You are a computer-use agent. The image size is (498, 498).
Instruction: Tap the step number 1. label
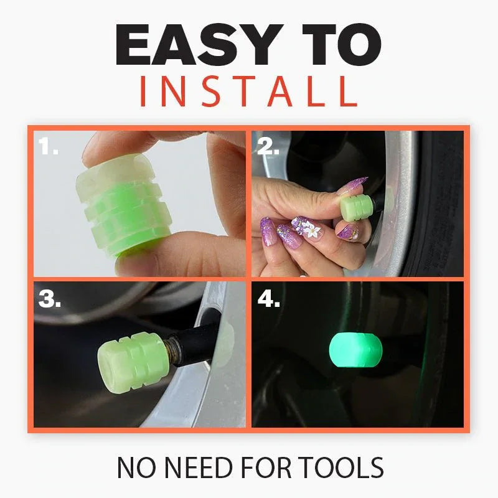(48, 148)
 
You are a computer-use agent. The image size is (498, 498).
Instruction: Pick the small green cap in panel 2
(354, 203)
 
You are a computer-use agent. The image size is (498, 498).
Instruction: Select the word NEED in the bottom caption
(190, 467)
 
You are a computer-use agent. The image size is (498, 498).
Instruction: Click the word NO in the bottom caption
(134, 467)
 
